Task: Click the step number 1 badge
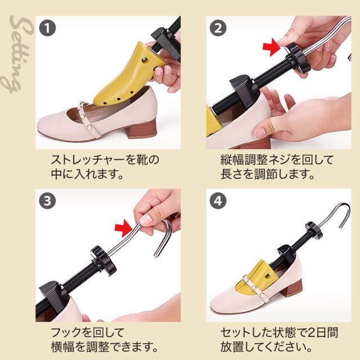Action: (47, 28)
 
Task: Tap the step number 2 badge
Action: (218, 28)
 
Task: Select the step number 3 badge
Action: (47, 201)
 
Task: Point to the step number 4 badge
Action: (218, 201)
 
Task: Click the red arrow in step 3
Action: (124, 228)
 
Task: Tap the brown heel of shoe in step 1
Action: (141, 129)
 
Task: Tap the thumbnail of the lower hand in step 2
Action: (260, 133)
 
